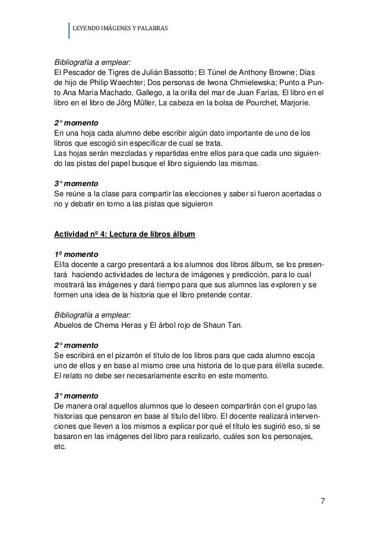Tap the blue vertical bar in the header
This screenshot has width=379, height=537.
point(69,30)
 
